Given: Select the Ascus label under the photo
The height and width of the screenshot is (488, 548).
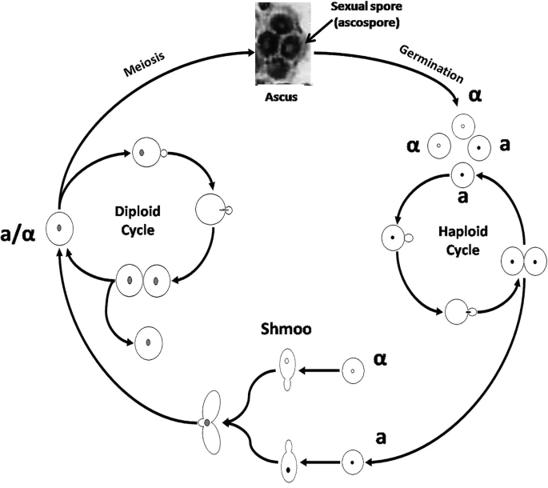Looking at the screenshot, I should [x=279, y=102].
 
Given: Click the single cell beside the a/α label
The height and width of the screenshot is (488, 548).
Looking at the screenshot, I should [x=60, y=230].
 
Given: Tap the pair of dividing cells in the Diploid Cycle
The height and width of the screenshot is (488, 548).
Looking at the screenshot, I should [x=143, y=281].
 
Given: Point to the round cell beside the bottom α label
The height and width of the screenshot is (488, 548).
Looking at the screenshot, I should [x=350, y=370].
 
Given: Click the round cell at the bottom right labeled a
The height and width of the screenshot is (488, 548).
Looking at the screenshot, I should [x=352, y=461].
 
